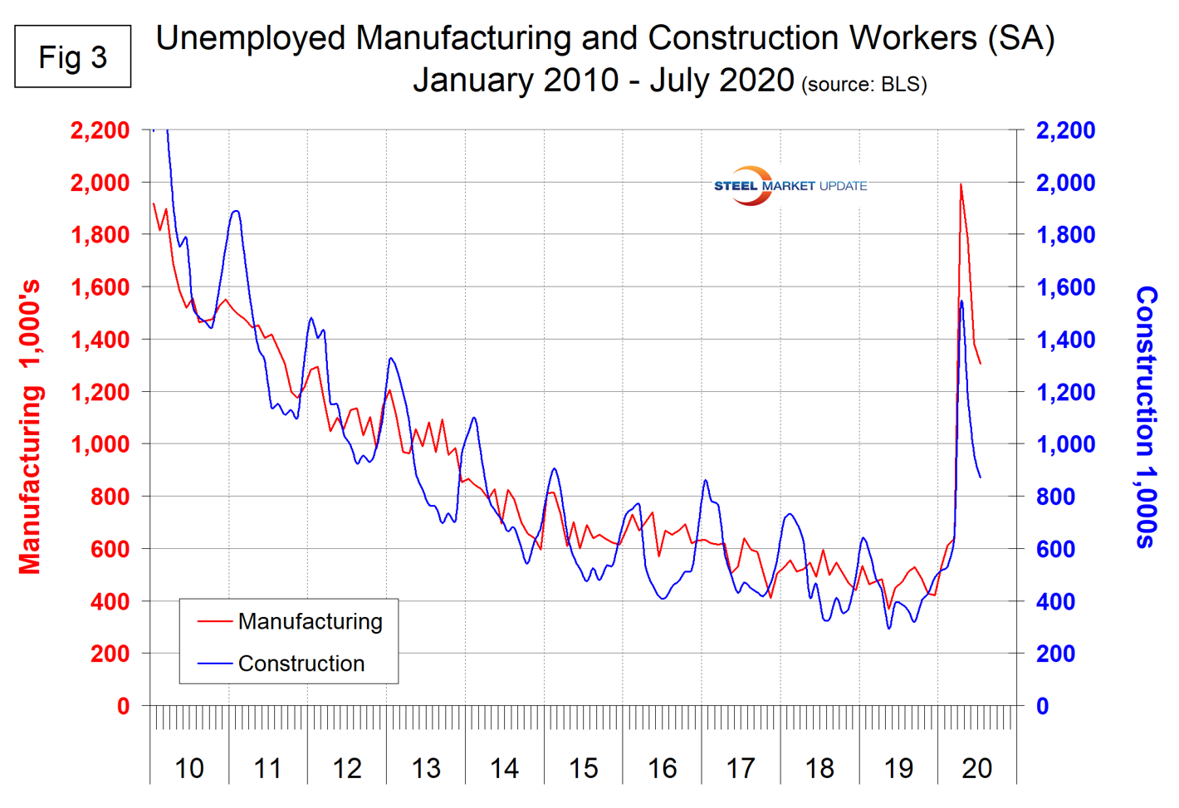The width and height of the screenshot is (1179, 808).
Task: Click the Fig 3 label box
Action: pyautogui.click(x=73, y=56)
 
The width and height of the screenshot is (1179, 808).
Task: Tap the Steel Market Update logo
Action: pyautogui.click(x=789, y=185)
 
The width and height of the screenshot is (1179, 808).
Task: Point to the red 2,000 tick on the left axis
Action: pyautogui.click(x=100, y=183)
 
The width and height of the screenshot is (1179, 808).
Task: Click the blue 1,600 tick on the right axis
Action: pyautogui.click(x=1065, y=287)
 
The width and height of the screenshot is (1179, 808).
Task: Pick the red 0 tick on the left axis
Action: pyautogui.click(x=123, y=706)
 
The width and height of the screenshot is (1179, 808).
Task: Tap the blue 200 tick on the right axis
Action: pyautogui.click(x=1055, y=654)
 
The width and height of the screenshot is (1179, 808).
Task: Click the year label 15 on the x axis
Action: pyautogui.click(x=583, y=768)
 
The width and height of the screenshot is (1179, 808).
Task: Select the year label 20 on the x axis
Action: pyautogui.click(x=976, y=768)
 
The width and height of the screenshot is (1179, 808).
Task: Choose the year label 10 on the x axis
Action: pyautogui.click(x=189, y=768)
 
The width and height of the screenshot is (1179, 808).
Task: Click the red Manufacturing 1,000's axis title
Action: pyautogui.click(x=30, y=428)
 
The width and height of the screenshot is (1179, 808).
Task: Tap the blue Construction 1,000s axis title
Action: pyautogui.click(x=1147, y=417)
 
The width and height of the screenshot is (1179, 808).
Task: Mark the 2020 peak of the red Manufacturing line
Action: pyautogui.click(x=961, y=184)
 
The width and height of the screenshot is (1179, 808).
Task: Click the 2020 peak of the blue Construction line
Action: pyautogui.click(x=961, y=301)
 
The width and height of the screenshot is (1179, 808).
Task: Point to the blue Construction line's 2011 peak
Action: pyautogui.click(x=237, y=211)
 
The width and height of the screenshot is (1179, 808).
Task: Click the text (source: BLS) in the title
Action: pyautogui.click(x=863, y=84)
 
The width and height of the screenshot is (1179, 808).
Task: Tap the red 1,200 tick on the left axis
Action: pyautogui.click(x=100, y=392)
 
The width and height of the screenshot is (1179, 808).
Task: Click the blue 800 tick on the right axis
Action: pyautogui.click(x=1055, y=497)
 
